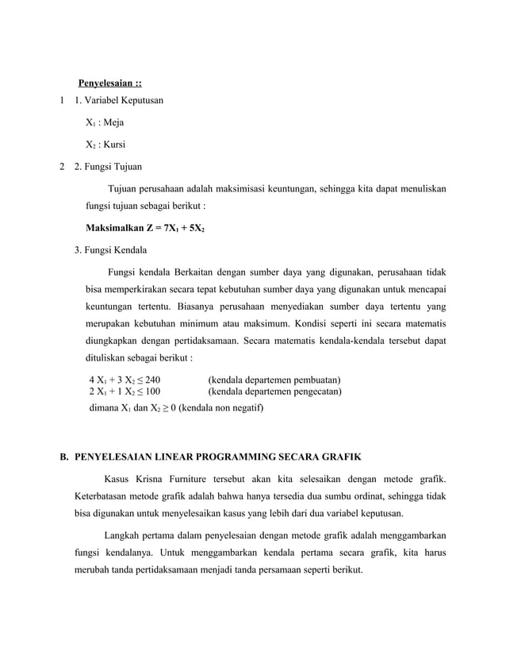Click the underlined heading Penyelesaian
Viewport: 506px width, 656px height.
click(x=109, y=85)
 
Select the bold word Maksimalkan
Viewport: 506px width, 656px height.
click(x=117, y=228)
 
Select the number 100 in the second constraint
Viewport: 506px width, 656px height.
click(x=151, y=392)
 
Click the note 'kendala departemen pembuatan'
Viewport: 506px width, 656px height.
click(x=274, y=380)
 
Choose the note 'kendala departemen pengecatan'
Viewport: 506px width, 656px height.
click(x=274, y=392)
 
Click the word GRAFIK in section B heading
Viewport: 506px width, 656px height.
click(x=335, y=457)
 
